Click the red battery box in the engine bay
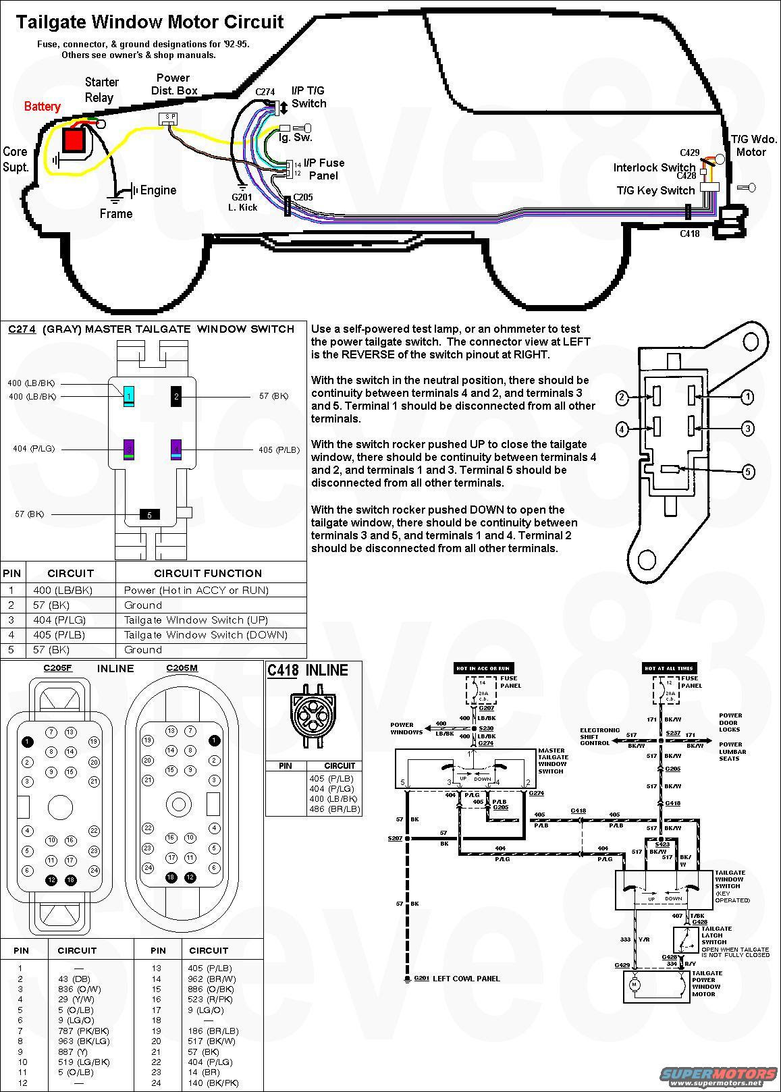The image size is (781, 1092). (73, 140)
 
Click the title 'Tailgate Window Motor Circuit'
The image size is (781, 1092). (150, 22)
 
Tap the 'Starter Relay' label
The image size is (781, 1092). (101, 90)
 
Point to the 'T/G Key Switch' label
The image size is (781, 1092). (655, 190)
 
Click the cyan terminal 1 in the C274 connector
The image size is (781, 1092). (128, 396)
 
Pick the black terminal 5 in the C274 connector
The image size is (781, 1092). (149, 514)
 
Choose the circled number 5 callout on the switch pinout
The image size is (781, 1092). (748, 472)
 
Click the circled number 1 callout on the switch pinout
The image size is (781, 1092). (747, 397)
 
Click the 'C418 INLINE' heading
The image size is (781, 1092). (308, 670)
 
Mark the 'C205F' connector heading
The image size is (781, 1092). (58, 669)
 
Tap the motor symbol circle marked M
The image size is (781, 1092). (634, 985)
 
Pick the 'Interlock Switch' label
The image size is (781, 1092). (654, 167)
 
